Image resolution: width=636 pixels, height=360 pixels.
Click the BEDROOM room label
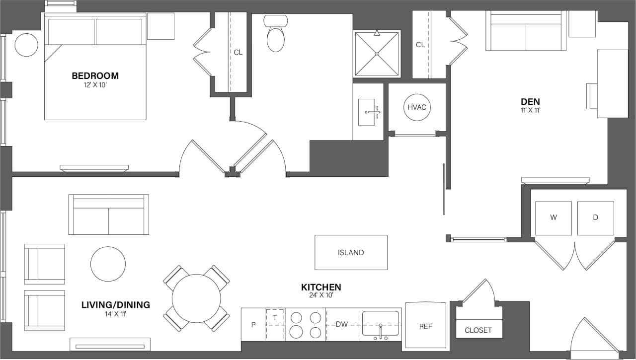point(95,76)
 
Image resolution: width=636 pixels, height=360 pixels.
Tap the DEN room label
point(530,102)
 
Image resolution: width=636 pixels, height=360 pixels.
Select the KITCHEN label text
point(321,288)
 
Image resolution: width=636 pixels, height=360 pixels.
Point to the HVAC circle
point(417,107)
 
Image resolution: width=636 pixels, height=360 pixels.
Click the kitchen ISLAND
point(351,252)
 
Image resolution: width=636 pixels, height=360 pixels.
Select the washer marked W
point(553,218)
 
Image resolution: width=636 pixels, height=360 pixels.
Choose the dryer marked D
point(595,218)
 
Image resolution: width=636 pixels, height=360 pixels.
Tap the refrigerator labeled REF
point(425,326)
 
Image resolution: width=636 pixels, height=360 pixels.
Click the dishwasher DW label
point(341,324)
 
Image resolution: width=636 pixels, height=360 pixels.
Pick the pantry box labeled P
point(253,324)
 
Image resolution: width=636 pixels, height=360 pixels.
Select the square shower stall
point(377,54)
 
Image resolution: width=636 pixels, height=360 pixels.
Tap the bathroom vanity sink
point(367,112)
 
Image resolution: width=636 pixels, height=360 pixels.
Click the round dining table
point(196,298)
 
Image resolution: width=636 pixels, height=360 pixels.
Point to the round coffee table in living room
point(108,264)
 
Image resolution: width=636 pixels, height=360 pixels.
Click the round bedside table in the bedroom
point(26,45)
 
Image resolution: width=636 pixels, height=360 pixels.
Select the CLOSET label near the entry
point(478,330)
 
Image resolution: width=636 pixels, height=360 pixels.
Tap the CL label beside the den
point(420,45)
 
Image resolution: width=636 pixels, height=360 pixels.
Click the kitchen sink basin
point(380,323)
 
